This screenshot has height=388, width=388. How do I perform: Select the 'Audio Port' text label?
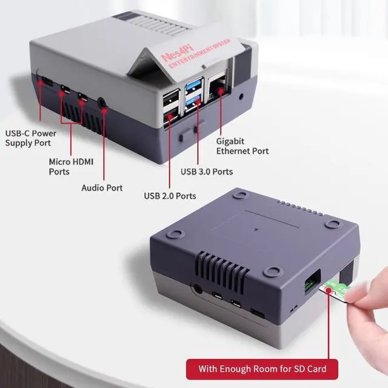(x=102, y=188)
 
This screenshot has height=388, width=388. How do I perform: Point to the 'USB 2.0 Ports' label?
(x=170, y=196)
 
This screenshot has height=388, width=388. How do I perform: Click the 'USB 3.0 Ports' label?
(x=207, y=172)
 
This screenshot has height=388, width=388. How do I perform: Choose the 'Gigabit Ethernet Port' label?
(x=242, y=146)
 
